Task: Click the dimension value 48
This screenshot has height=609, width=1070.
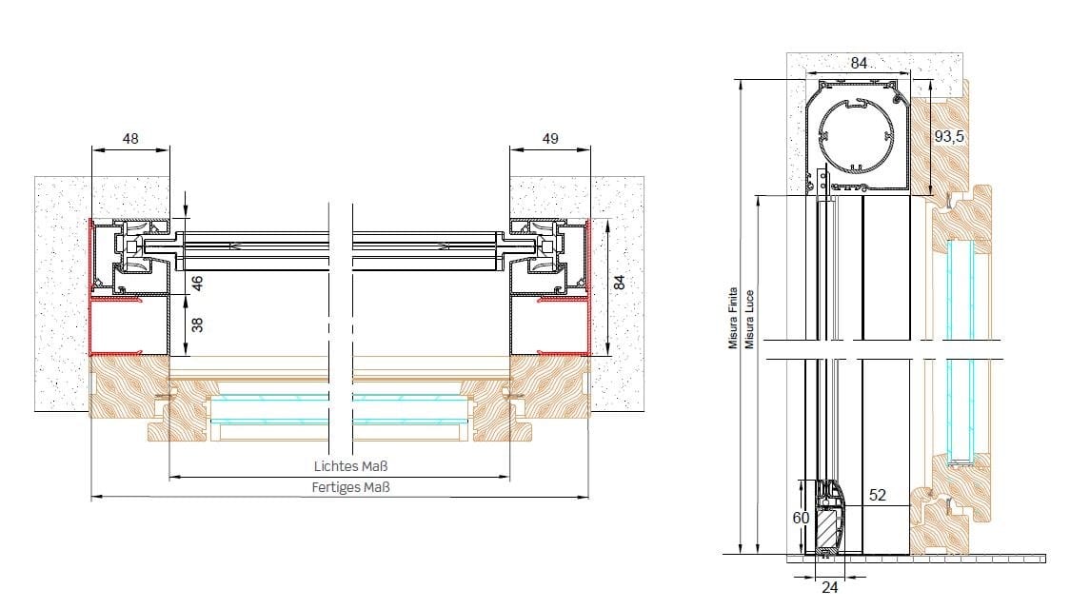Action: pos(130,138)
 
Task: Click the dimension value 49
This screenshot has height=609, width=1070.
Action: pos(550,138)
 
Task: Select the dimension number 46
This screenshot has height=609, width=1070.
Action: pos(197,283)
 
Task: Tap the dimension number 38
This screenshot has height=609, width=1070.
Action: pos(197,324)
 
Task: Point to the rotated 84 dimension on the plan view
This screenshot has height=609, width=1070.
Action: pos(619,282)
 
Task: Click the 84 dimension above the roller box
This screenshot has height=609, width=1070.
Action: pos(859,63)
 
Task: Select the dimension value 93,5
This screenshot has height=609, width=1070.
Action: pos(949,136)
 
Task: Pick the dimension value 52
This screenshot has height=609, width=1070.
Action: pos(878,495)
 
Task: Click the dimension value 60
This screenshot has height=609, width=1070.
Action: pos(801,519)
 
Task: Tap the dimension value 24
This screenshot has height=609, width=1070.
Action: pos(830,587)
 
